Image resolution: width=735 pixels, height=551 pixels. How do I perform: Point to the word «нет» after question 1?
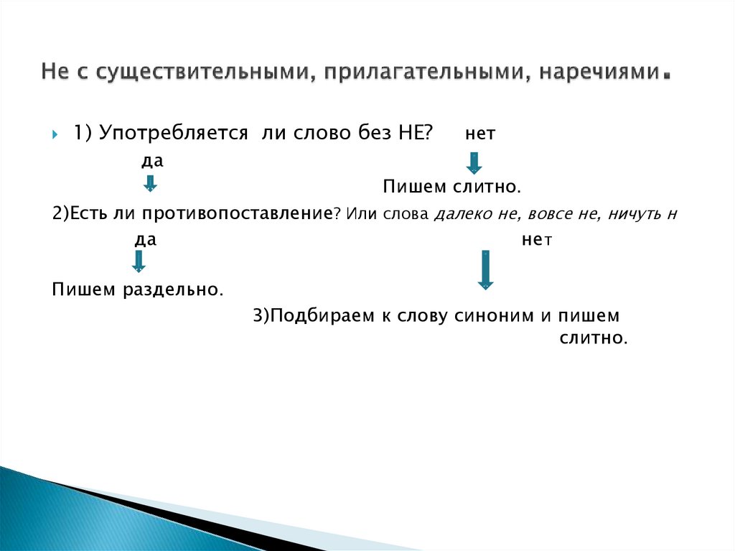pyautogui.click(x=480, y=134)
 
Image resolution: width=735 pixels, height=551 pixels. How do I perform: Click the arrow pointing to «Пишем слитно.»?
pyautogui.click(x=474, y=163)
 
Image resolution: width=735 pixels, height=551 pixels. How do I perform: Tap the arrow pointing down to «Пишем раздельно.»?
pyautogui.click(x=139, y=260)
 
